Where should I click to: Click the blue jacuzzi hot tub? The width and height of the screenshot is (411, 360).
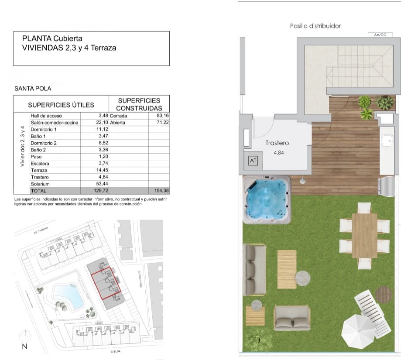coord(267,200)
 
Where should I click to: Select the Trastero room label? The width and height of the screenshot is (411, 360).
coord(277,143)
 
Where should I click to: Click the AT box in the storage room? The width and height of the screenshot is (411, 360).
coord(253,161)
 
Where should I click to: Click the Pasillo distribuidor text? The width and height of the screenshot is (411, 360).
coord(315,26)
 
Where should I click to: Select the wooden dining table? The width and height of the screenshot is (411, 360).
coord(364,236)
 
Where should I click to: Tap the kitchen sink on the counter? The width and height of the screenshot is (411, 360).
coord(387,141)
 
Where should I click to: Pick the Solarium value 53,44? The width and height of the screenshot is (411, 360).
coord(101,184)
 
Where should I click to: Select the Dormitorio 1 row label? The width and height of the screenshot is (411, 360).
coord(44,130)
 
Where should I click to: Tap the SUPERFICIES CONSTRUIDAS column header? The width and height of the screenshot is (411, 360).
coord(139,104)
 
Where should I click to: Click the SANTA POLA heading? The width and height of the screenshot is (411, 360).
coord(33,89)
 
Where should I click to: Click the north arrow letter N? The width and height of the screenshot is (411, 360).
coord(25,346)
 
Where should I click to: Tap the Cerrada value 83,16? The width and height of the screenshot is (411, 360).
coord(162,116)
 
